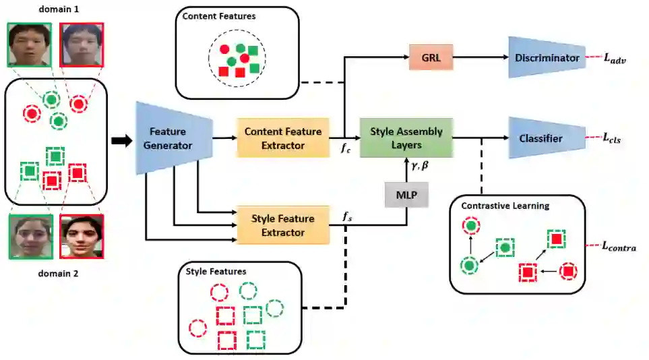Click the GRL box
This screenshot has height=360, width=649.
coord(431,58)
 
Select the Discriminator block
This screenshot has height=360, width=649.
coord(546,58)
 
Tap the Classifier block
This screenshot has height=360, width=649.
coord(540,139)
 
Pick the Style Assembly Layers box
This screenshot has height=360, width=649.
coord(405,138)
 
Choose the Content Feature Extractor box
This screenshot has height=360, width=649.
coord(282,138)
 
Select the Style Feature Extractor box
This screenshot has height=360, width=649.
coord(282,225)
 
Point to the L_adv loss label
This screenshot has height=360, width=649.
coord(615,59)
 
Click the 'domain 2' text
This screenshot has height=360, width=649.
coord(54,274)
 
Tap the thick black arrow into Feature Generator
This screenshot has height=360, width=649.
coord(119,140)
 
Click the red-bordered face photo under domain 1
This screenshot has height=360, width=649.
coord(82,45)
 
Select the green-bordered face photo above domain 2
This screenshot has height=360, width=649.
coord(30,236)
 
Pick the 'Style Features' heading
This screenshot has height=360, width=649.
coord(216,271)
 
